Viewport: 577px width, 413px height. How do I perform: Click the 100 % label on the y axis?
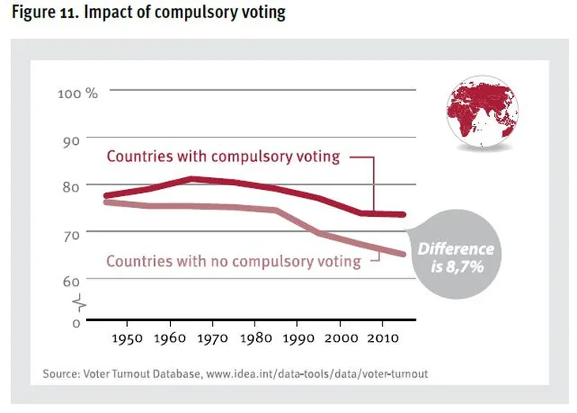coord(77,93)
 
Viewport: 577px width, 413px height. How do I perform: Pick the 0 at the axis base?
coord(77,323)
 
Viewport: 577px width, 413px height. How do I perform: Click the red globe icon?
coord(481,116)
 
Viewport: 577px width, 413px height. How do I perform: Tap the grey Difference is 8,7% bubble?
coord(455,256)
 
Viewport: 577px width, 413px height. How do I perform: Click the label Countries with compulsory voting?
coord(223,156)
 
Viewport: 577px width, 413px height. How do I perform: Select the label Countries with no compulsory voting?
coord(233,260)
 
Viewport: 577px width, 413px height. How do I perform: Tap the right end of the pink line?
coord(405,254)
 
